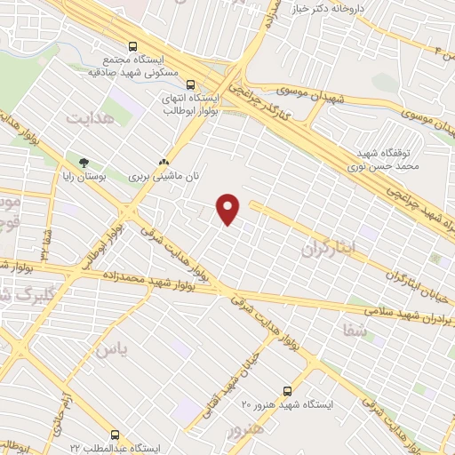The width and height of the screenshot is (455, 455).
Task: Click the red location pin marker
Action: pyautogui.click(x=229, y=209)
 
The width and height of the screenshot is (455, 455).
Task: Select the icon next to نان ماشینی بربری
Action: pyautogui.click(x=163, y=164)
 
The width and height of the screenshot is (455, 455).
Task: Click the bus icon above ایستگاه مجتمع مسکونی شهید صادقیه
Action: pyautogui.click(x=133, y=46)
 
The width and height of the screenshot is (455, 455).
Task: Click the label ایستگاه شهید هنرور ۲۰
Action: pyautogui.click(x=287, y=404)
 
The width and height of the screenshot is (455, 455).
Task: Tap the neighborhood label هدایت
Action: pyautogui.click(x=92, y=117)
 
